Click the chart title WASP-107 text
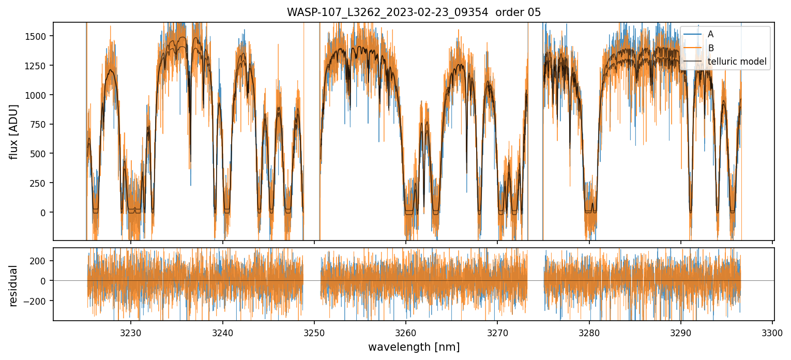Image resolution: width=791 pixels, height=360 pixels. [x=414, y=12]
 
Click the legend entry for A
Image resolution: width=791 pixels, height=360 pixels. [x=710, y=34]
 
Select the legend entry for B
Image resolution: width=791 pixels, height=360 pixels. [x=710, y=48]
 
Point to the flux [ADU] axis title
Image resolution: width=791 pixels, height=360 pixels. [x=14, y=131]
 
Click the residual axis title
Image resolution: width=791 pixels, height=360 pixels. [x=14, y=286]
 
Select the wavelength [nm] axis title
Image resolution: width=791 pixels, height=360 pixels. [x=414, y=347]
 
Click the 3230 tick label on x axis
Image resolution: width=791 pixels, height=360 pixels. [x=130, y=332]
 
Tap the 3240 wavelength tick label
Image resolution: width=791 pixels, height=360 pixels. [x=222, y=332]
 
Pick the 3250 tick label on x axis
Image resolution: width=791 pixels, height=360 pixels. [x=314, y=332]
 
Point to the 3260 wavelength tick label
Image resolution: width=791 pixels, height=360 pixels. [x=405, y=332]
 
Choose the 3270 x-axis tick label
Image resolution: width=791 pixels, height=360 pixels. [x=497, y=332]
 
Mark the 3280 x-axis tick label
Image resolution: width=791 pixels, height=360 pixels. [x=589, y=332]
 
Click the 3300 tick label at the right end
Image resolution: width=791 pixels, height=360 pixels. [x=772, y=332]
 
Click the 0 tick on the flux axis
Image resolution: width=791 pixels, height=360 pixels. [x=45, y=213]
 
